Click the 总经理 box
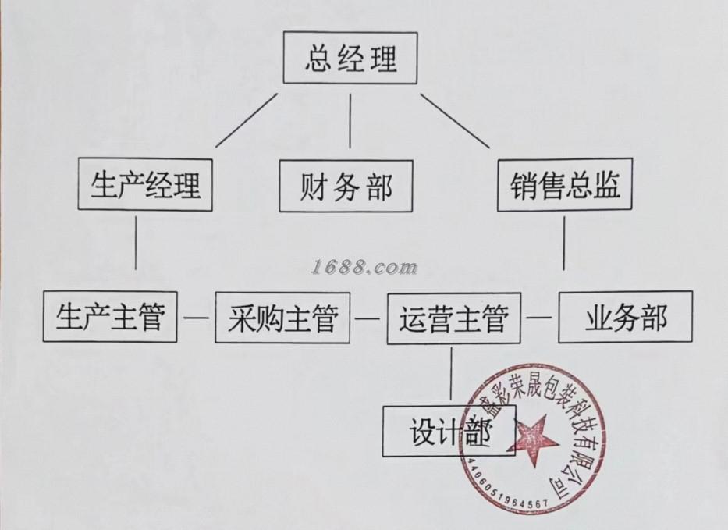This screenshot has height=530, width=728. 350,58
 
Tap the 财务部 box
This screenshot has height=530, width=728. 346,186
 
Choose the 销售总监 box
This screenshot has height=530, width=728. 565,185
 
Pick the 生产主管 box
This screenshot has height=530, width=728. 110,316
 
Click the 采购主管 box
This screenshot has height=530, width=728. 282,317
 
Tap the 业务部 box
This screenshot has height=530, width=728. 625,317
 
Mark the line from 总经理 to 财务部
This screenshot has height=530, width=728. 350,121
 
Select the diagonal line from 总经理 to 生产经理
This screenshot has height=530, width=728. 247,119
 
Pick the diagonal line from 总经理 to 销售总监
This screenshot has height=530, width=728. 455,120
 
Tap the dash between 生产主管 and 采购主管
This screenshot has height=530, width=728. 196,317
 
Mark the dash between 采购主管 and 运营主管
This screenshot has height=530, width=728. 368,318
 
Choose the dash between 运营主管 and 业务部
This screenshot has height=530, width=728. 539,318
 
